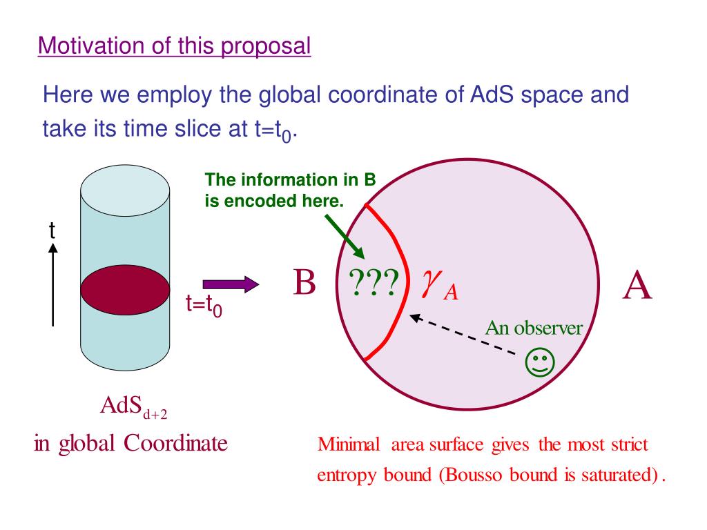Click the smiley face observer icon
540,362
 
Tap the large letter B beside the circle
304,282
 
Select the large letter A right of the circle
637,285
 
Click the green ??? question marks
374,282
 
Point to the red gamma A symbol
440,285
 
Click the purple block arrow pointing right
231,284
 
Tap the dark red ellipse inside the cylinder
126,290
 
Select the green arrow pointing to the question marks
345,236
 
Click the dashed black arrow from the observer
463,335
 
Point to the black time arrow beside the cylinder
53,284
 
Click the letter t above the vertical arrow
52,230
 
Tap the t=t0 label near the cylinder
204,305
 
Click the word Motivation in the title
92,46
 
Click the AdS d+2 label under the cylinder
134,406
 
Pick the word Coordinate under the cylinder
175,443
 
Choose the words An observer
534,328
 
